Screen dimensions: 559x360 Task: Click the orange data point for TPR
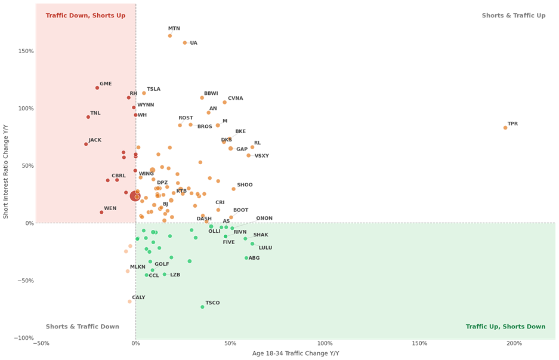[505, 128]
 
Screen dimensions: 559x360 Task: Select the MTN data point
[169, 36]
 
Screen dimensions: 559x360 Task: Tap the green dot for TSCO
[202, 307]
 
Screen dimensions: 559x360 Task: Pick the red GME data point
[97, 88]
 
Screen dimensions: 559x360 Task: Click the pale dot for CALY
[129, 301]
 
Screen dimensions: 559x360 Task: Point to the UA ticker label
[193, 43]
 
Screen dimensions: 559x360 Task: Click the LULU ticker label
[265, 248]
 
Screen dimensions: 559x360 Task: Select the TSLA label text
[154, 89]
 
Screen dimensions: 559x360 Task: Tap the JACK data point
[86, 144]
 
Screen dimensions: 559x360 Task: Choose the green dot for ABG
[246, 258]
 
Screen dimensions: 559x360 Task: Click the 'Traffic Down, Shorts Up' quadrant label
[85, 16]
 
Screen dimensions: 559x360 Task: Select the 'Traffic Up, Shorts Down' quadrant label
[505, 327]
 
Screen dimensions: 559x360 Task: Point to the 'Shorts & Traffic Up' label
[514, 16]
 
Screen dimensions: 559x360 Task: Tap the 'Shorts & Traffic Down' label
[82, 327]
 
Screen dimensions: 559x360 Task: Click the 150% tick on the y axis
[26, 51]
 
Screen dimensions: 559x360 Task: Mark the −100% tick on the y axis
[24, 338]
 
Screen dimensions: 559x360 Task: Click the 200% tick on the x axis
[514, 344]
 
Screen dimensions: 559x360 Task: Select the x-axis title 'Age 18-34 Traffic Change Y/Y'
[295, 353]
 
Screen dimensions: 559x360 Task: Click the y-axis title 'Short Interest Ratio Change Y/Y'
[6, 171]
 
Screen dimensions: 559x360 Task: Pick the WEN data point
[101, 213]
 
